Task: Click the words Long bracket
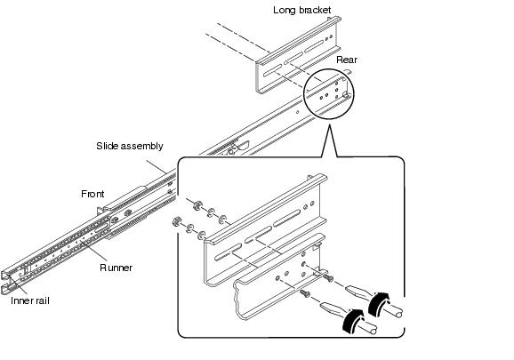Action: pos(302,10)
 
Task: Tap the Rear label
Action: pos(347,60)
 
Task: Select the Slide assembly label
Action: pos(130,146)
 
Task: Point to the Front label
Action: pos(92,194)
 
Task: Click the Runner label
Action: pos(116,268)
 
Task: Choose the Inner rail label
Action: pos(30,300)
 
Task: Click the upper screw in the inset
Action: pos(328,278)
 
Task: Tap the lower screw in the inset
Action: pos(305,293)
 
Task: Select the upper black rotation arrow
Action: pos(379,304)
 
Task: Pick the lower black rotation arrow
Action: pos(353,321)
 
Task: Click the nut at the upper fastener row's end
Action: pos(197,205)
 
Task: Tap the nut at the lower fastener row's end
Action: pos(176,221)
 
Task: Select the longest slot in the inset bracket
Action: pos(287,218)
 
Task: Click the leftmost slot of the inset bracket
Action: pos(229,252)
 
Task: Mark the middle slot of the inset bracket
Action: pos(258,235)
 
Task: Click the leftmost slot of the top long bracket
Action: pos(273,70)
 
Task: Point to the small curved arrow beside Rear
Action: pos(347,71)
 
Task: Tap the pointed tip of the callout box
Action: pos(329,125)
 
